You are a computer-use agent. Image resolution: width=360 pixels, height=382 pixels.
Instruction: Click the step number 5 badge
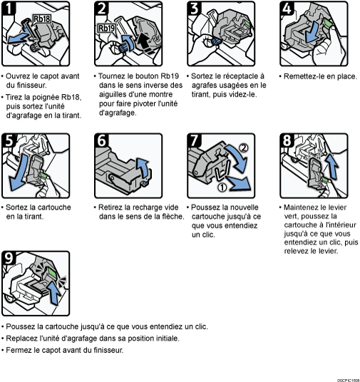point(9,142)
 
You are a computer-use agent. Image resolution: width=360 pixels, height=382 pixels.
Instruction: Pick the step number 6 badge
point(102,142)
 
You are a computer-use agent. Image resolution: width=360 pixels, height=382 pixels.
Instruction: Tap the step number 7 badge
point(195,142)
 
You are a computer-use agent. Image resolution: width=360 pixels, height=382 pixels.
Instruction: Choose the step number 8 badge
point(287,142)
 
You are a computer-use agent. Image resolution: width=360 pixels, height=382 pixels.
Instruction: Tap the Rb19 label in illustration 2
point(106,29)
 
